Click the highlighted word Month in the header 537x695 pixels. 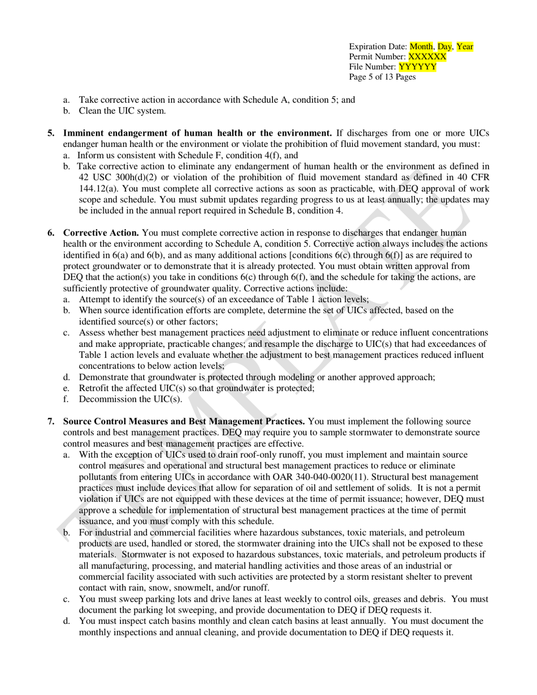click(x=420, y=47)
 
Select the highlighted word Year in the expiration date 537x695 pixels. click(x=465, y=47)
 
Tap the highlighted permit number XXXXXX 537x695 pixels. click(x=427, y=57)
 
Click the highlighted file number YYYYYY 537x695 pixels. click(x=417, y=67)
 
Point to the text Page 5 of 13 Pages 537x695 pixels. click(x=382, y=77)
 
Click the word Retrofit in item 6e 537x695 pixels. click(x=94, y=388)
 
